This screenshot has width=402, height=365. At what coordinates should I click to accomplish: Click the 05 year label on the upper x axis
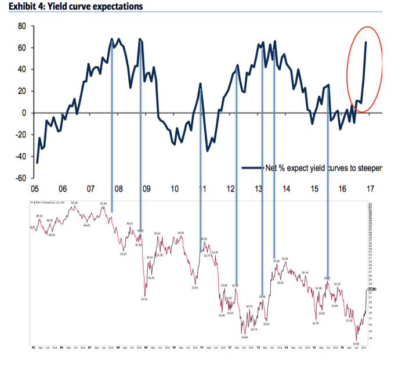pyautogui.click(x=34, y=189)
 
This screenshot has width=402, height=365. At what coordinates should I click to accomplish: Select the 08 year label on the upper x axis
pyautogui.click(x=118, y=189)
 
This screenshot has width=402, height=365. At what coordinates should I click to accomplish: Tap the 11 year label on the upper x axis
pyautogui.click(x=202, y=189)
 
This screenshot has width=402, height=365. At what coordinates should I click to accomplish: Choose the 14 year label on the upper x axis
pyautogui.click(x=287, y=189)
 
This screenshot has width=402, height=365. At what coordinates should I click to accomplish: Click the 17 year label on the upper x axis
pyautogui.click(x=370, y=189)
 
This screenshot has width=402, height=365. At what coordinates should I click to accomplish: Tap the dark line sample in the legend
pyautogui.click(x=252, y=168)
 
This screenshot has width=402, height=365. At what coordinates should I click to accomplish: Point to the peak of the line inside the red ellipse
pyautogui.click(x=365, y=42)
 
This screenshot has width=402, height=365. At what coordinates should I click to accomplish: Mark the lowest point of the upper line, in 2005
pyautogui.click(x=37, y=162)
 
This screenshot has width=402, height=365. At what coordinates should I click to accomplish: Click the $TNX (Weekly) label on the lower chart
pyautogui.click(x=44, y=202)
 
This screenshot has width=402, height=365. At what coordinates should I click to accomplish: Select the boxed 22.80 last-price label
pyautogui.click(x=372, y=288)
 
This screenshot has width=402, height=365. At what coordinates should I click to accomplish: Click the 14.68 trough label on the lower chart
pyautogui.click(x=245, y=337)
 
